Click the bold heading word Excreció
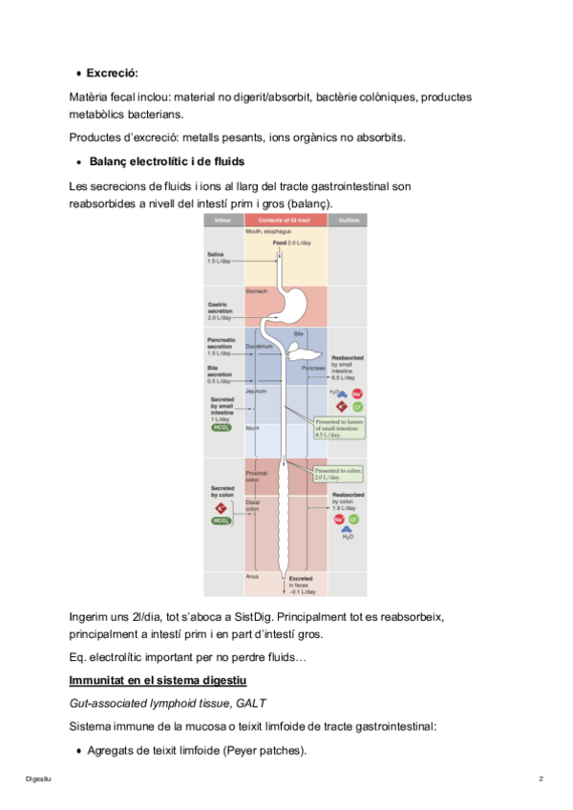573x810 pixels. click(113, 73)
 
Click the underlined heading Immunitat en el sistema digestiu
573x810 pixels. click(159, 680)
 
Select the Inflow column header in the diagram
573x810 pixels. click(222, 221)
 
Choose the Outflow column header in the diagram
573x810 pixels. click(346, 221)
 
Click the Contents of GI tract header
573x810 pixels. click(285, 221)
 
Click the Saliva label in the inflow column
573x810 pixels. click(216, 254)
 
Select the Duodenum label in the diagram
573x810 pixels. click(259, 346)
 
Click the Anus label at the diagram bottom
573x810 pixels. click(252, 577)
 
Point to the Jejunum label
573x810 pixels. click(255, 391)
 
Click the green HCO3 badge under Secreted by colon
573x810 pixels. click(222, 521)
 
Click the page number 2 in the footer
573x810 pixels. click(541, 780)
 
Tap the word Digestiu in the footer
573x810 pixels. click(38, 780)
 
